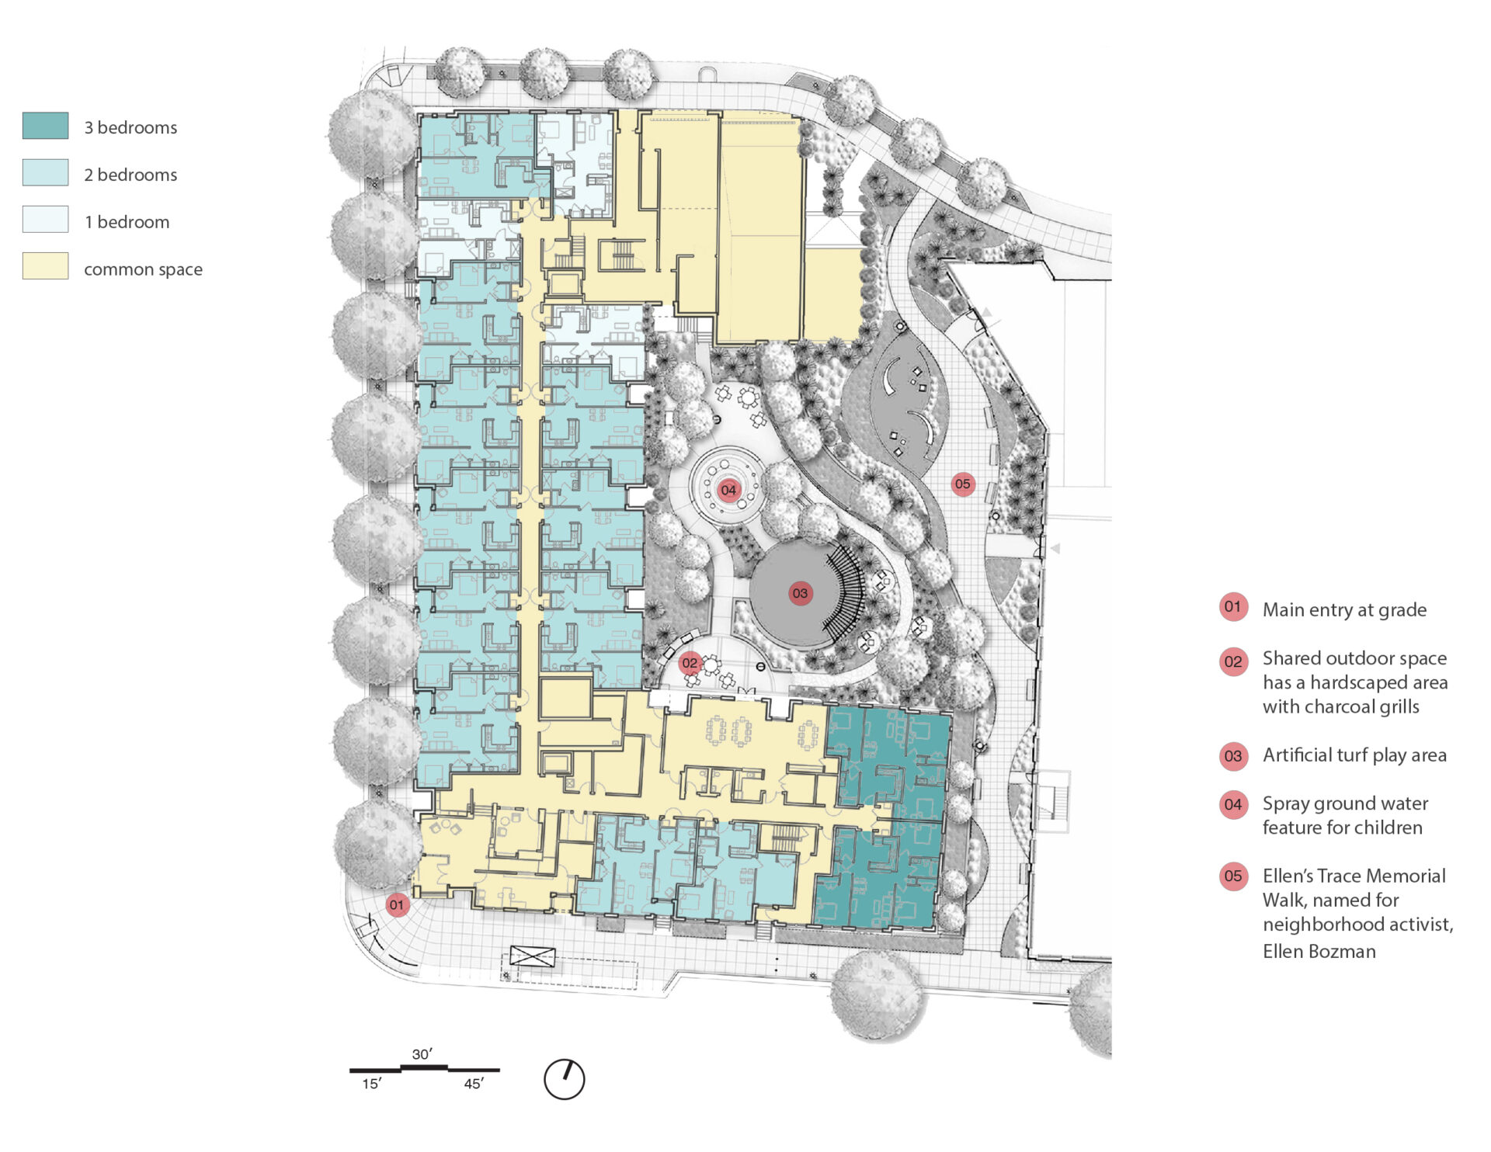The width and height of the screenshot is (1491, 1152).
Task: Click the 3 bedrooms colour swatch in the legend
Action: pos(45,126)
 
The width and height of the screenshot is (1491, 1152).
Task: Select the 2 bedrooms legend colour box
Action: pos(45,172)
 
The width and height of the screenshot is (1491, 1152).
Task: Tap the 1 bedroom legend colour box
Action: pos(45,219)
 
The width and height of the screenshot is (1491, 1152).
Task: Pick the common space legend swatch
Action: pos(45,265)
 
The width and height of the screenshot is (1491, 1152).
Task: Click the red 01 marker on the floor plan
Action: pos(397,904)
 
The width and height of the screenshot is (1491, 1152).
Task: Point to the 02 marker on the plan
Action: pos(690,663)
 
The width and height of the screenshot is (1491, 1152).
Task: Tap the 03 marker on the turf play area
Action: pos(800,594)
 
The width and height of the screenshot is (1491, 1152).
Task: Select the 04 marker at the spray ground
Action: pos(728,490)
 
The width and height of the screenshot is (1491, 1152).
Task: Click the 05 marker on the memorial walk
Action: pos(963,484)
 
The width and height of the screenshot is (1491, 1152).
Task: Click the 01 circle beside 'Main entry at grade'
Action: pos(1233,607)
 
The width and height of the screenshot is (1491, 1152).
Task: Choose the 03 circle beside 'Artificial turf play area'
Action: pos(1233,755)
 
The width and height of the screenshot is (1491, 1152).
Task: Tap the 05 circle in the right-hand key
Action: pos(1233,876)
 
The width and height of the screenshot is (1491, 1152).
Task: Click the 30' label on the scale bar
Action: pos(422,1054)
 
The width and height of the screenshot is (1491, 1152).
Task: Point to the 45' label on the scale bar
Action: pos(474,1084)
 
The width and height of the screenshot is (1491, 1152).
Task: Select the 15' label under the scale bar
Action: pos(372,1084)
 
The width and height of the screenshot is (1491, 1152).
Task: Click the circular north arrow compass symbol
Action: pos(565,1079)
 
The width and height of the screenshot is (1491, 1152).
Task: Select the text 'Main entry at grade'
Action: pos(1345,610)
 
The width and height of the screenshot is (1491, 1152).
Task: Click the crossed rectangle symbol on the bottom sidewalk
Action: pos(533,956)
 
